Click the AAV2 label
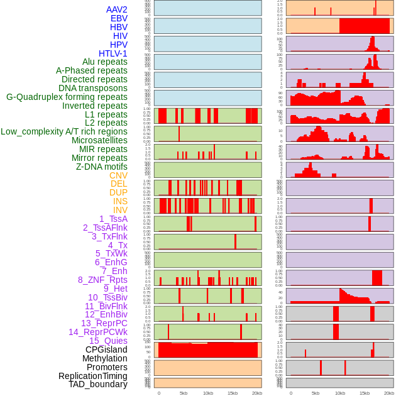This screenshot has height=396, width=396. tap(116, 9)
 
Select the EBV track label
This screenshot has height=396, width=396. tap(119, 18)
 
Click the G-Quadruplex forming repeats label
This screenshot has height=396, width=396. tap(67, 97)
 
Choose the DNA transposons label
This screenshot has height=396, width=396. tap(92, 88)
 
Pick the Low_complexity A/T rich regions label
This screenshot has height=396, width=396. tap(64, 131)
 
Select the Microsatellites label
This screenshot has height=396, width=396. tap(99, 140)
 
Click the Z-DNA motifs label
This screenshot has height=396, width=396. tap(101, 167)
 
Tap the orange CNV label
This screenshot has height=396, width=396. tap(118, 175)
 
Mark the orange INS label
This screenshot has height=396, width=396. tap(120, 201)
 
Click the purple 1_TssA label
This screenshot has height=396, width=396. tap(113, 219)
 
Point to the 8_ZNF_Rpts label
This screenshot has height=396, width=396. tap(102, 280)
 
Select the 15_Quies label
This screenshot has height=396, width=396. tap(108, 341)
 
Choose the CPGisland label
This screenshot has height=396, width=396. tap(106, 349)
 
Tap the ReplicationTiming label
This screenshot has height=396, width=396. tap(92, 376)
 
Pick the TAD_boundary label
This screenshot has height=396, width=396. tap(97, 384)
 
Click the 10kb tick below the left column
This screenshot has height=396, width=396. tap(208, 393)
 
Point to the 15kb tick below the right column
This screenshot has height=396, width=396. tap(364, 393)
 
